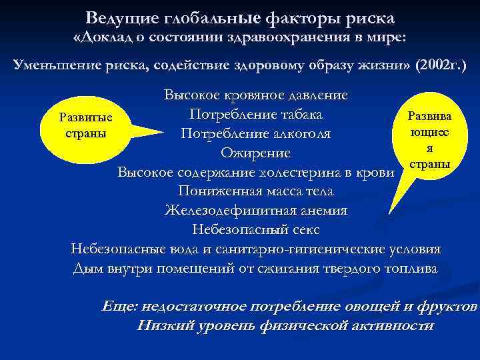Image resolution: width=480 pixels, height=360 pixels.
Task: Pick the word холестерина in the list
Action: pyautogui.click(x=306, y=173)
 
